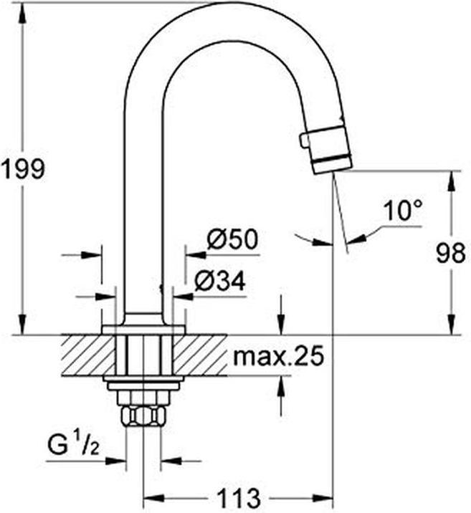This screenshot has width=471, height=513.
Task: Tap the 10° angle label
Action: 402,211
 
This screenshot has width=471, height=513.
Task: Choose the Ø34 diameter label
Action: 219,282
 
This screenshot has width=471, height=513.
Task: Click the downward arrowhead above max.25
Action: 280,327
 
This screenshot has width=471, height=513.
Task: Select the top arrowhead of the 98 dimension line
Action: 451,178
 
